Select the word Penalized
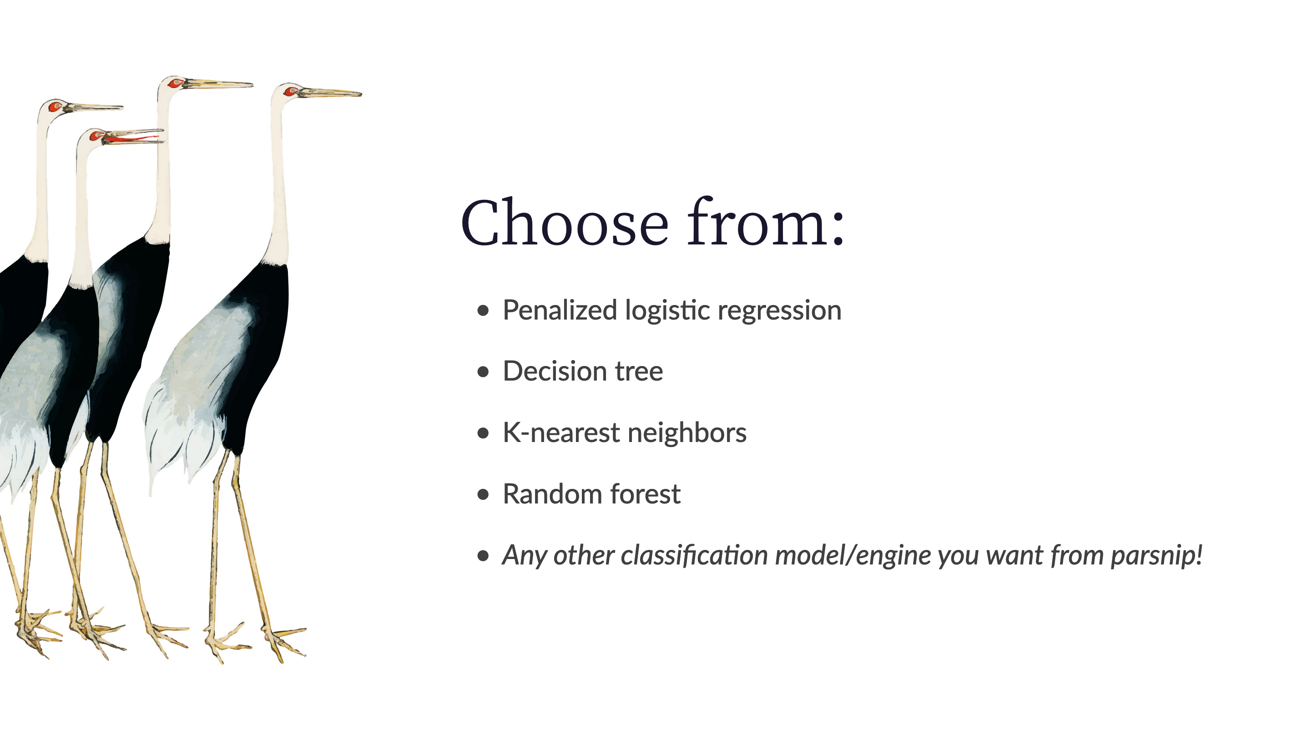tap(560, 310)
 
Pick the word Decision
tap(555, 371)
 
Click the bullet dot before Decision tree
tap(483, 372)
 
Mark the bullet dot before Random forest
tap(483, 494)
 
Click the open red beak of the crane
tap(132, 137)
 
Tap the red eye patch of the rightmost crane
tap(290, 91)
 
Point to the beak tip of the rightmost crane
tap(361, 94)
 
